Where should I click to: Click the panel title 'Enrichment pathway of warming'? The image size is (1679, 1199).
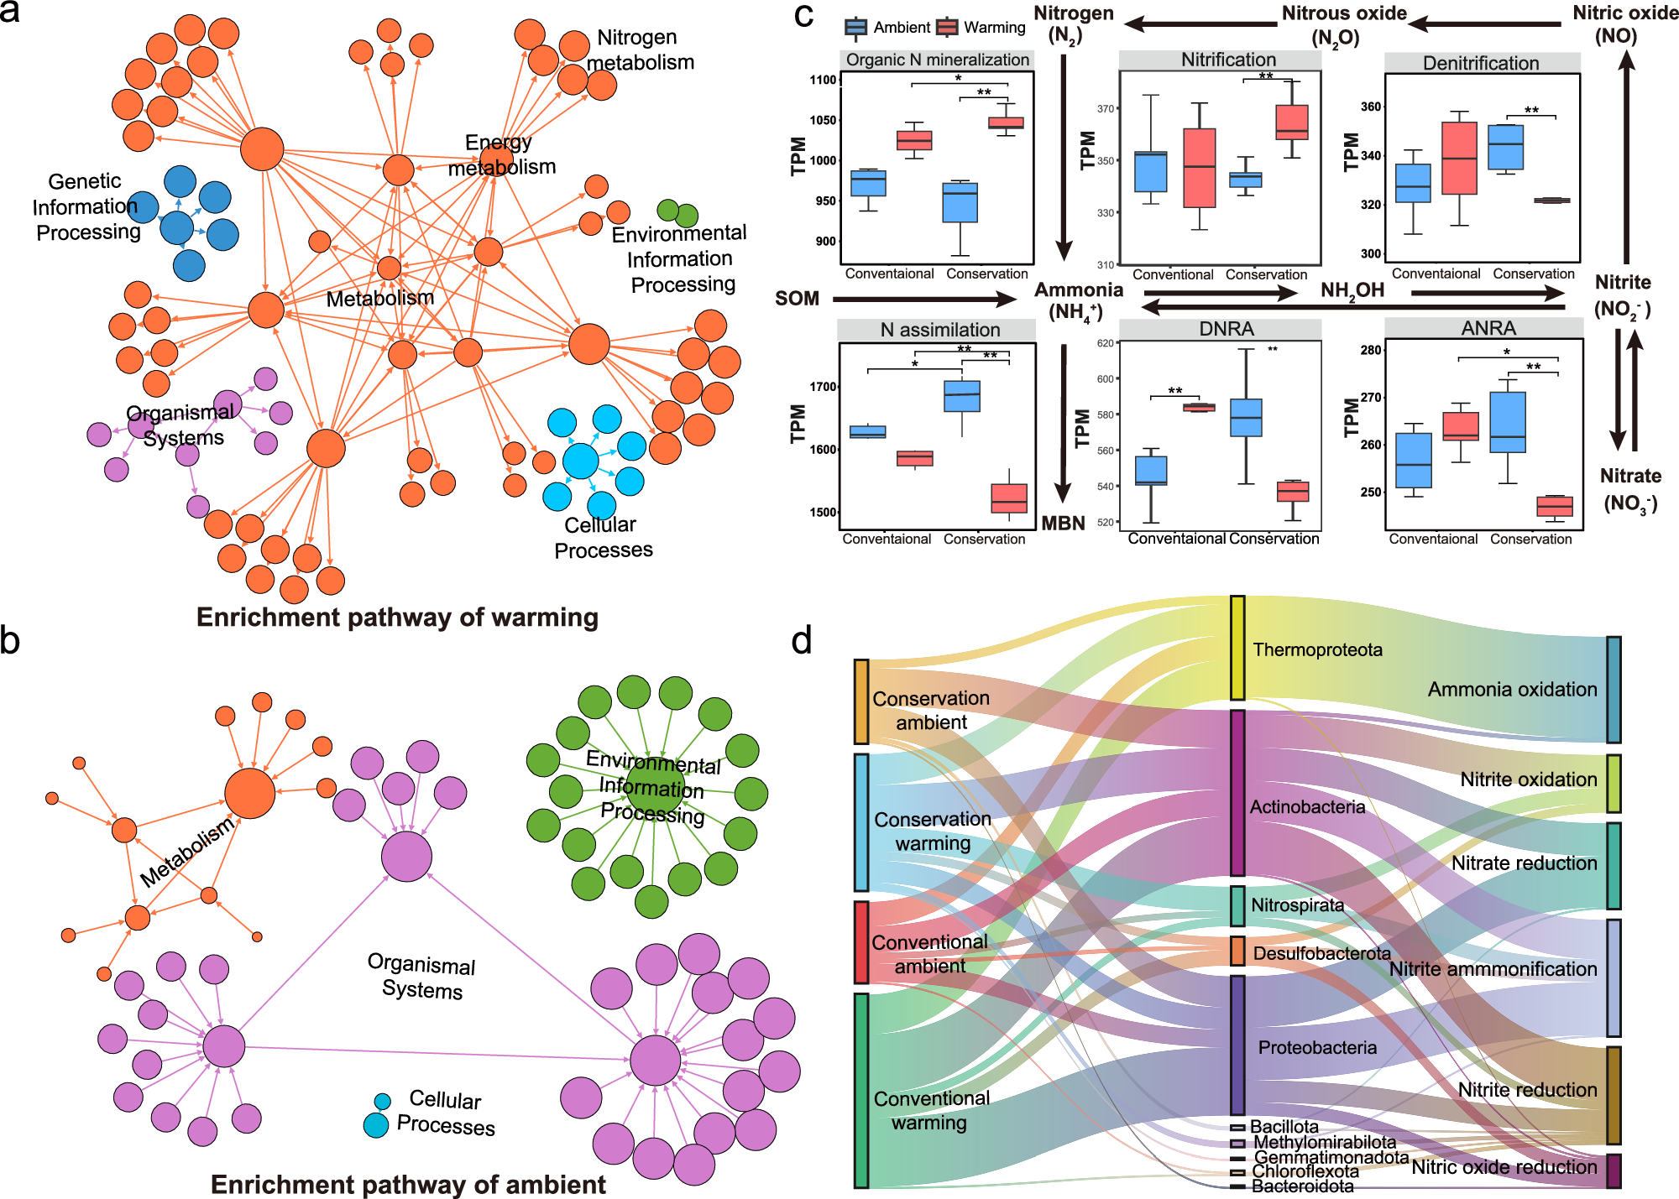pyautogui.click(x=397, y=618)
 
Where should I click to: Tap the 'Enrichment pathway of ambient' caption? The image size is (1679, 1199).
pyautogui.click(x=408, y=1184)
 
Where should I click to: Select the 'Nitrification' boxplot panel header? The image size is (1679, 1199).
pyautogui.click(x=1227, y=60)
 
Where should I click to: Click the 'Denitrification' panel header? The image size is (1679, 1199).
pyautogui.click(x=1481, y=63)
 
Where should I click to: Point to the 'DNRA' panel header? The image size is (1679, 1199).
pyautogui.click(x=1226, y=329)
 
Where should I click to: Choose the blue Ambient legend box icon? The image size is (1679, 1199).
pyautogui.click(x=855, y=28)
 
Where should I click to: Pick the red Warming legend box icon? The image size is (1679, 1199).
pyautogui.click(x=947, y=28)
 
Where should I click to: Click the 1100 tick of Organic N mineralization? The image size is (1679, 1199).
pyautogui.click(x=823, y=80)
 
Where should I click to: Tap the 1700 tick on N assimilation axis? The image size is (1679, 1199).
pyautogui.click(x=823, y=387)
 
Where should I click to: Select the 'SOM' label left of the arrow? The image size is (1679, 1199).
pyautogui.click(x=797, y=299)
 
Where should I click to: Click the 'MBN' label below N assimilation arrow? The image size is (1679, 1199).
pyautogui.click(x=1063, y=524)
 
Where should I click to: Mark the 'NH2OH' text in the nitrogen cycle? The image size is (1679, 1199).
pyautogui.click(x=1352, y=291)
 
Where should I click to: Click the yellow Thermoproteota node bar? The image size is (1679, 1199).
pyautogui.click(x=1237, y=648)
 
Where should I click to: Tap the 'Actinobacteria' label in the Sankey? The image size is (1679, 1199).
pyautogui.click(x=1307, y=807)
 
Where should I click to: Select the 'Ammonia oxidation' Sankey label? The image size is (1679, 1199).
pyautogui.click(x=1512, y=690)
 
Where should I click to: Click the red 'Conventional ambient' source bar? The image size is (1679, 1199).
pyautogui.click(x=861, y=942)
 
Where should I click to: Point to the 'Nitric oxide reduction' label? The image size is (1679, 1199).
pyautogui.click(x=1504, y=1167)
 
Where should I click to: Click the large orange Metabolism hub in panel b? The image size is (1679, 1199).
pyautogui.click(x=249, y=793)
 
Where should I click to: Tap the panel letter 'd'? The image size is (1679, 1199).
pyautogui.click(x=802, y=642)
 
